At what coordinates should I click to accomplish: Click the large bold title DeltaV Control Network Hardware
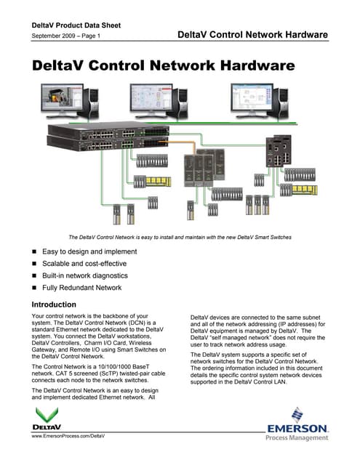pos(164,65)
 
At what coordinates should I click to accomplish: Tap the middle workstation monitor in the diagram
pos(159,100)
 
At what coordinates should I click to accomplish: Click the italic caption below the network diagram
pos(180,237)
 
